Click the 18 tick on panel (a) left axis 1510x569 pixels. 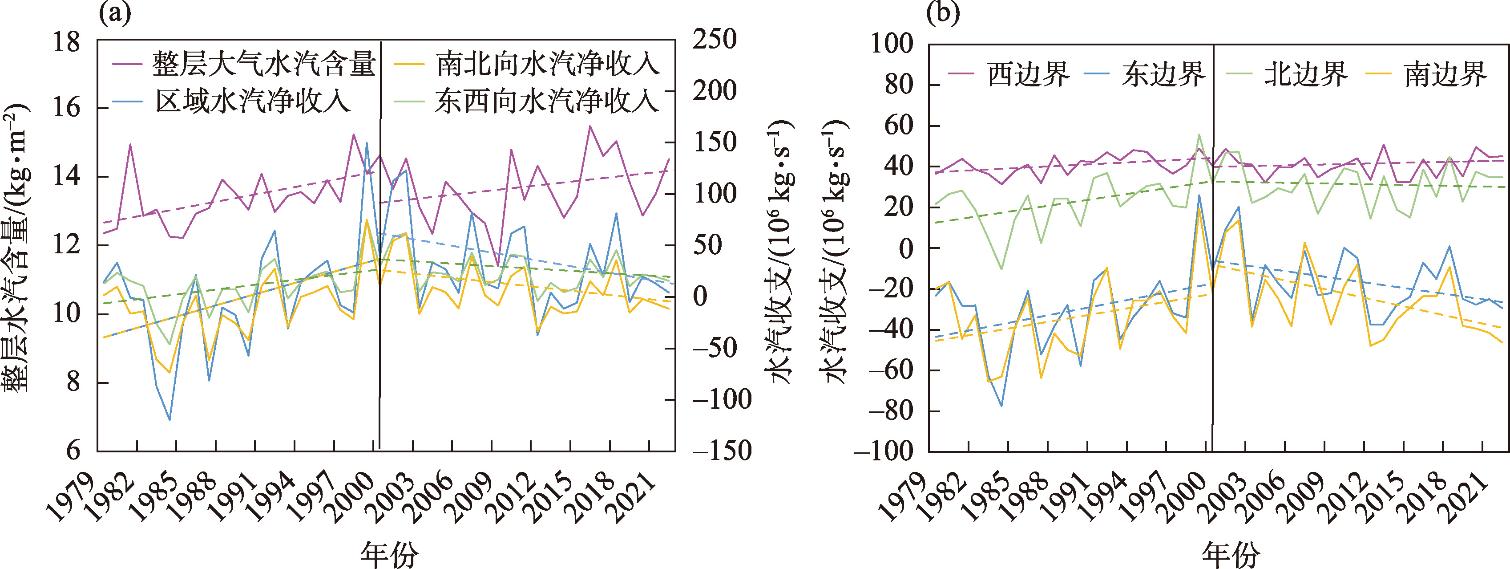point(66,42)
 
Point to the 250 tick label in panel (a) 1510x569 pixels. point(715,40)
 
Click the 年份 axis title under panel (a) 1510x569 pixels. point(389,553)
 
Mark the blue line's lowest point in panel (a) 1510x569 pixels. point(170,419)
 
